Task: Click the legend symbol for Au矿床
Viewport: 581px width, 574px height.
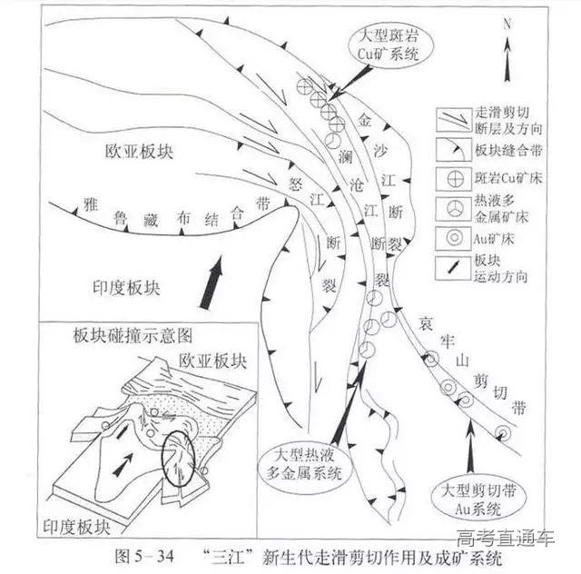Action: [445, 240]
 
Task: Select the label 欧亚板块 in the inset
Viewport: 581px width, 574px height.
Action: [212, 360]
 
